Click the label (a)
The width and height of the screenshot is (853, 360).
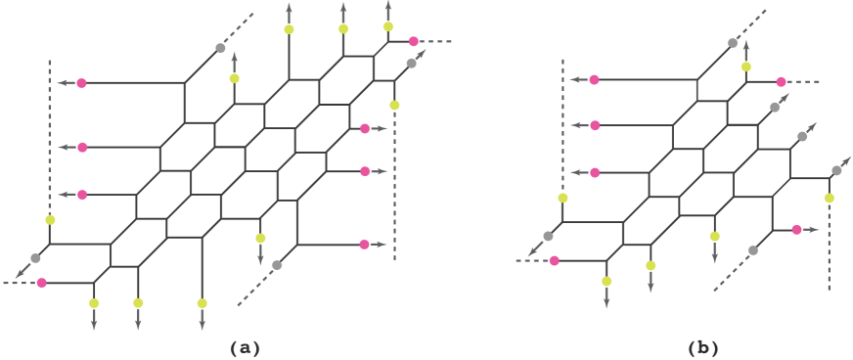click(x=245, y=347)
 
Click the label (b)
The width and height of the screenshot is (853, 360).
click(x=703, y=347)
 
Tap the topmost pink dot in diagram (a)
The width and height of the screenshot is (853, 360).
click(x=414, y=41)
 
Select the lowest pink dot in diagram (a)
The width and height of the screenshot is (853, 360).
click(x=41, y=283)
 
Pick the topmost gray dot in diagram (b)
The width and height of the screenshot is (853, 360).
click(x=732, y=42)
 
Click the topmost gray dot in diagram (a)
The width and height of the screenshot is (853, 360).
click(x=220, y=47)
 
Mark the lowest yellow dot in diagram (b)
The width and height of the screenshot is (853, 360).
click(x=606, y=281)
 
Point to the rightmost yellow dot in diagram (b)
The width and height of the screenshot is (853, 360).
click(x=829, y=198)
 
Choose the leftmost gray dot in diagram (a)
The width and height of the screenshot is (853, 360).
click(x=35, y=257)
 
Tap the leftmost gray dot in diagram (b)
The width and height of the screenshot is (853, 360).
click(x=548, y=236)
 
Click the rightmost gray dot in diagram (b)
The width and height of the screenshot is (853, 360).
click(x=836, y=170)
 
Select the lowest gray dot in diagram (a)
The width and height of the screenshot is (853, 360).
click(x=277, y=265)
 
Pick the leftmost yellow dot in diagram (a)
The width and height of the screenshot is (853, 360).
click(x=50, y=219)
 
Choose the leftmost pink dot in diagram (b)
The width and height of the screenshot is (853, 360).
click(x=555, y=260)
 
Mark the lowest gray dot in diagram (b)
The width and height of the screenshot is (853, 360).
click(x=752, y=250)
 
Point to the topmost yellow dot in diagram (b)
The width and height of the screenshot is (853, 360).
click(x=745, y=67)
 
